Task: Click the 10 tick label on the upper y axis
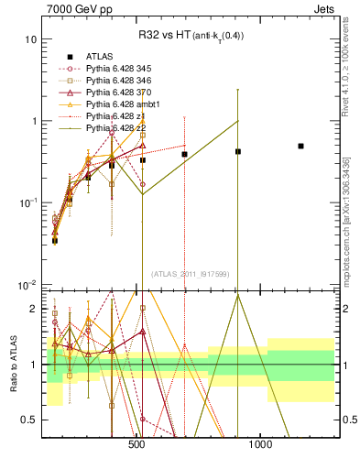pos(30,40)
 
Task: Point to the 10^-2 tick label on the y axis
pos(27,284)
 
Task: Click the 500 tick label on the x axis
pos(137,446)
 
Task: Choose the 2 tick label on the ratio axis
pos(33,309)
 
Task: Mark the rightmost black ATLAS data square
pos(300,146)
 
